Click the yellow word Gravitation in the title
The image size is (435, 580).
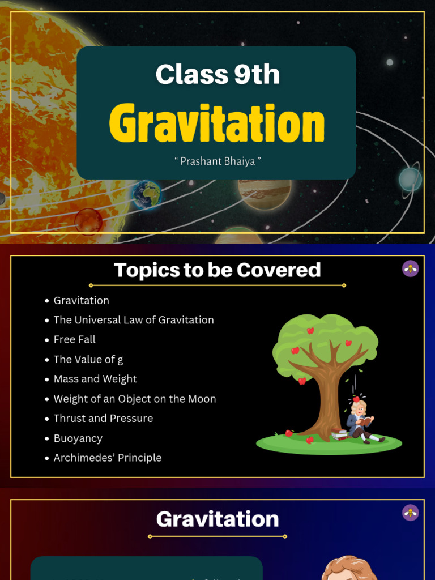(x=217, y=123)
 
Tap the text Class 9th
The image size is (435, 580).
(x=217, y=75)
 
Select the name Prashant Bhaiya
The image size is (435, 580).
(x=217, y=161)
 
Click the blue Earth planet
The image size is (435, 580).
(x=147, y=195)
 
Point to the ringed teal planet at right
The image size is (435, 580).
(x=410, y=179)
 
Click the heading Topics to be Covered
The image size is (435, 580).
(x=217, y=270)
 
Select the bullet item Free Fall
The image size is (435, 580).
(x=74, y=339)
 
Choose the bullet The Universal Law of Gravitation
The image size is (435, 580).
(x=133, y=320)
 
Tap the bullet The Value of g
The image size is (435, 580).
(x=88, y=359)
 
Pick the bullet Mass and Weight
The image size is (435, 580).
(x=95, y=379)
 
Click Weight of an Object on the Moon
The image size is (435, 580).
(x=134, y=399)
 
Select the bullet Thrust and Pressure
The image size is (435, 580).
(x=103, y=418)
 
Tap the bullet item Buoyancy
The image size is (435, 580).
(x=78, y=438)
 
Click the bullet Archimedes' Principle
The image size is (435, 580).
(x=107, y=458)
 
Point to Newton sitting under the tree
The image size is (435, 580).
(x=360, y=421)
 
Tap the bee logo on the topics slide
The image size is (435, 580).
(x=410, y=268)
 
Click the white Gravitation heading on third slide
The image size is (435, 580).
(x=217, y=519)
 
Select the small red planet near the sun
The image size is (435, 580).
(x=88, y=220)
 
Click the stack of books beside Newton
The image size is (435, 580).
(x=340, y=434)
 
